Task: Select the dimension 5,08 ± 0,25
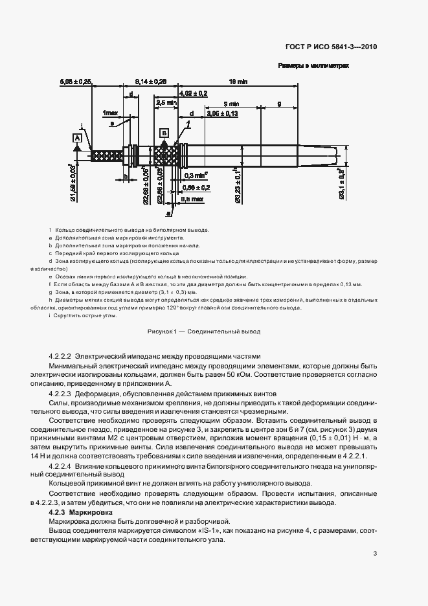(x=76, y=82)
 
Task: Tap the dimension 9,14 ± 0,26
(x=151, y=82)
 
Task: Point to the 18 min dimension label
(x=238, y=82)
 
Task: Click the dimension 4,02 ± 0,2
(x=193, y=93)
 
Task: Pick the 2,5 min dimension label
(x=166, y=102)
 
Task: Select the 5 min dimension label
(x=230, y=104)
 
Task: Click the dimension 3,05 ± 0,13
(x=222, y=113)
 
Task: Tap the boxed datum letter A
(x=76, y=137)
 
